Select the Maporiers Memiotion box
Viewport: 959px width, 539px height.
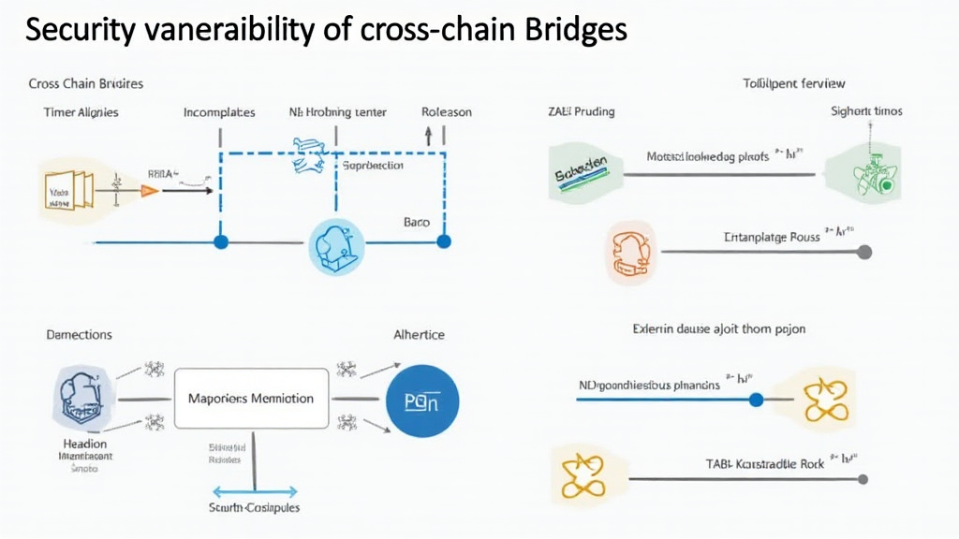pyautogui.click(x=252, y=399)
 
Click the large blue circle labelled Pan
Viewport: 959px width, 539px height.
pyautogui.click(x=422, y=401)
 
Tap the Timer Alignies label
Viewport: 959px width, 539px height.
pyautogui.click(x=81, y=112)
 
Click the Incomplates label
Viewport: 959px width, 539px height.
pyautogui.click(x=219, y=112)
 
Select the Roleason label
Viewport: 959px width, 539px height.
pyautogui.click(x=447, y=112)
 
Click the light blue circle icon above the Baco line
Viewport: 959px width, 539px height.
pyautogui.click(x=336, y=247)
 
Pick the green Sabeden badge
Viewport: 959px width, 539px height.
pyautogui.click(x=581, y=171)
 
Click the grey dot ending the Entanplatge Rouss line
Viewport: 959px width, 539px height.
pyautogui.click(x=864, y=252)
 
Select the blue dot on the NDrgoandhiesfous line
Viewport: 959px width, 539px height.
pyautogui.click(x=757, y=400)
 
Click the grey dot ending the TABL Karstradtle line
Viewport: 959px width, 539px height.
pyautogui.click(x=863, y=479)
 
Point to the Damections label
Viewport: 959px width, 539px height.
pyautogui.click(x=79, y=334)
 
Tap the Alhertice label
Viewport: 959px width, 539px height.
pyautogui.click(x=419, y=334)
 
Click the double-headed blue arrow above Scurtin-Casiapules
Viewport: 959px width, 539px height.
pyautogui.click(x=255, y=490)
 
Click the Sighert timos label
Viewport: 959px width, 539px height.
pyautogui.click(x=866, y=110)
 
